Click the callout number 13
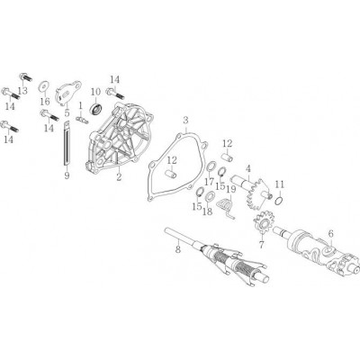22,90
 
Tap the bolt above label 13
26,77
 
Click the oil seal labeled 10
96,107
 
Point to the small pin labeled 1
81,120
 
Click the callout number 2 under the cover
119,177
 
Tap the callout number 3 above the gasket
185,121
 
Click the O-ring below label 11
278,201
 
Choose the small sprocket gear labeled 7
262,225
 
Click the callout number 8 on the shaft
178,249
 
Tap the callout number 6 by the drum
331,233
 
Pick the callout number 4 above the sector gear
248,169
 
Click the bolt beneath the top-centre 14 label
115,93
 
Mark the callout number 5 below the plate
67,112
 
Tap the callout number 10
95,92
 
